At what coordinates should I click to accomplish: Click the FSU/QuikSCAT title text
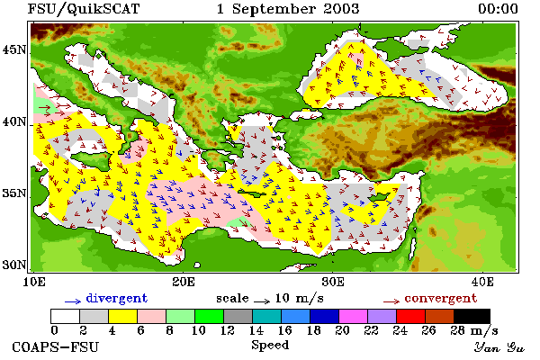pos(84,9)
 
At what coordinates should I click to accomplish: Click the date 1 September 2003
pos(288,9)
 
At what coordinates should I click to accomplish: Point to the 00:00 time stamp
pos(498,9)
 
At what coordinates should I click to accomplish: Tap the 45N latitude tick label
pos(14,50)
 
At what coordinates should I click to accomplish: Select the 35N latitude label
pos(14,193)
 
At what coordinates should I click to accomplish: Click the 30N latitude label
pos(14,265)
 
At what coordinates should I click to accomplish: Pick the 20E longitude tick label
pos(184,282)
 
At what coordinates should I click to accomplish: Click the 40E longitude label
pos(482,282)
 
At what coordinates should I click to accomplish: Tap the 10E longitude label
pos(34,282)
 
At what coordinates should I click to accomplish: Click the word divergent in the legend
pos(116,298)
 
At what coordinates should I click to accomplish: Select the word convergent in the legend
pos(440,298)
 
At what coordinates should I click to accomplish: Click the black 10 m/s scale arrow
pos(262,301)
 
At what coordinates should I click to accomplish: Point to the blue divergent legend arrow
pos(73,301)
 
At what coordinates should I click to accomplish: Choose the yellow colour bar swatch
pos(122,316)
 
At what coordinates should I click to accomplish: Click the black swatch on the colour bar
pos(472,316)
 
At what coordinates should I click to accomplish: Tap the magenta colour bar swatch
pos(354,316)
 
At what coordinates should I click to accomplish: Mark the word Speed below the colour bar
pos(270,345)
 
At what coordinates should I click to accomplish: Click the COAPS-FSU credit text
pos(55,346)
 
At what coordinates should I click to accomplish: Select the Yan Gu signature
pos(499,347)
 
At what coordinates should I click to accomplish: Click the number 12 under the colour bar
pos(228,330)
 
